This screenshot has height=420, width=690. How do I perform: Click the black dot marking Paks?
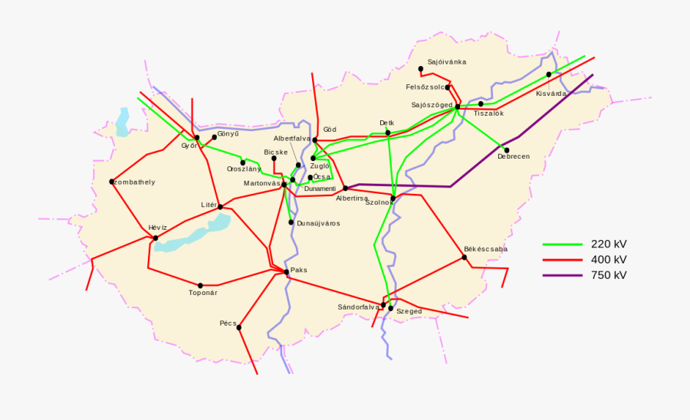click(286, 271)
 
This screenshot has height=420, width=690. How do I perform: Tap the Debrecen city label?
click(513, 157)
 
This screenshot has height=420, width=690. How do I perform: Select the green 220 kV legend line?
click(563, 244)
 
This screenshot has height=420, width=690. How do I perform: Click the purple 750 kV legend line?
click(563, 275)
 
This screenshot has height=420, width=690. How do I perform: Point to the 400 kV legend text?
click(609, 260)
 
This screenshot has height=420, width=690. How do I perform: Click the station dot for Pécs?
click(239, 327)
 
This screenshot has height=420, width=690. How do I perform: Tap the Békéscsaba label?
click(485, 249)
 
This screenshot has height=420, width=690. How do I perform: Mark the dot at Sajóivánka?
click(421, 69)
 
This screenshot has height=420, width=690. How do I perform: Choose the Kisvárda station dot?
click(549, 74)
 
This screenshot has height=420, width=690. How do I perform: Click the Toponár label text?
click(203, 293)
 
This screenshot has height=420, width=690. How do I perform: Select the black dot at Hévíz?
click(156, 238)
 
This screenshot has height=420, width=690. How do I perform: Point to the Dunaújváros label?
click(317, 223)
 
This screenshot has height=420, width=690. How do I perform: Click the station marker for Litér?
click(220, 206)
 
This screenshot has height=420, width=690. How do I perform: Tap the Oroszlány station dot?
click(243, 162)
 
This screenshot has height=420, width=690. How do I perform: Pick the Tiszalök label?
click(488, 113)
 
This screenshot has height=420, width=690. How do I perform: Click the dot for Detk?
click(388, 133)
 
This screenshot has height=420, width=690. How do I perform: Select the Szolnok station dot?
click(393, 199)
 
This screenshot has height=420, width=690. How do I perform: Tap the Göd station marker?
click(315, 140)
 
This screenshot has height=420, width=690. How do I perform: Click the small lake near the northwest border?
click(123, 123)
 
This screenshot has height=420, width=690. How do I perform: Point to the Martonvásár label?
click(261, 184)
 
